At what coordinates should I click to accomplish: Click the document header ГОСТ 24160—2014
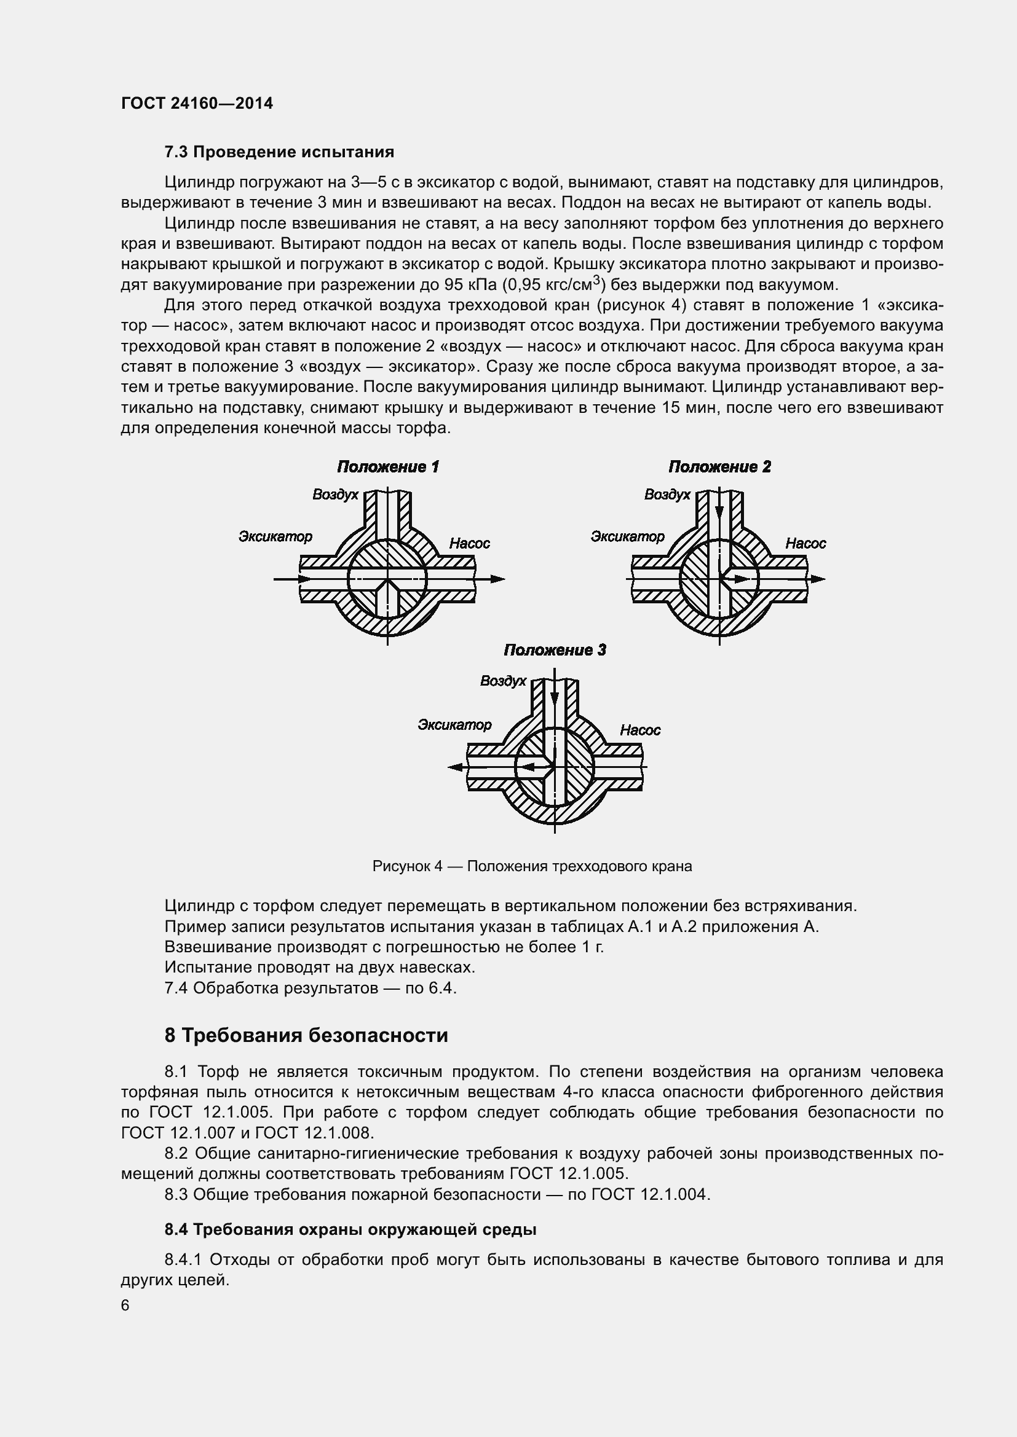pyautogui.click(x=197, y=103)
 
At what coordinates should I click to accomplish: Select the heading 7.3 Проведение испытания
pyautogui.click(x=279, y=152)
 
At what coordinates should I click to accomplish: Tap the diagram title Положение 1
pyautogui.click(x=387, y=466)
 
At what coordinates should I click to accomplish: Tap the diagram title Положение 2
pyautogui.click(x=719, y=466)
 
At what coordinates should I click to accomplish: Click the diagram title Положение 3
pyautogui.click(x=555, y=649)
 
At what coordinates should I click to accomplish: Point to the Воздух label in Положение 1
pyautogui.click(x=335, y=495)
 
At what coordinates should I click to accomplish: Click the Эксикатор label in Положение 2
pyautogui.click(x=628, y=536)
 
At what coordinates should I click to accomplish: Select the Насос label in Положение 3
pyautogui.click(x=640, y=730)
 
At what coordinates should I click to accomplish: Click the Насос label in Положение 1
pyautogui.click(x=470, y=543)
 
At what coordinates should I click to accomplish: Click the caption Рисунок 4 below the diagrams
pyautogui.click(x=532, y=866)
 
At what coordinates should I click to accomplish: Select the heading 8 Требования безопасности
pyautogui.click(x=306, y=1036)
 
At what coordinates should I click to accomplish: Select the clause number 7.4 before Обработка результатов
pyautogui.click(x=176, y=989)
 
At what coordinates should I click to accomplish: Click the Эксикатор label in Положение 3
pyautogui.click(x=454, y=725)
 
